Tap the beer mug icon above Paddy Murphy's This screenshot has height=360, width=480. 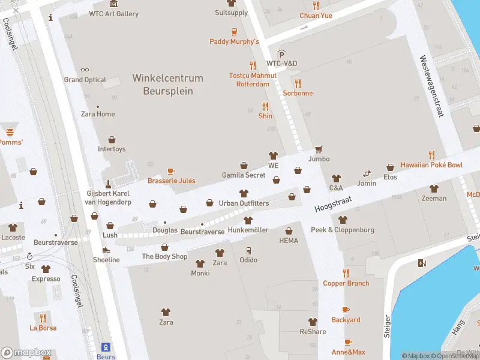point(234,32)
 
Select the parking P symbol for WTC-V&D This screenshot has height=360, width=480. point(281,54)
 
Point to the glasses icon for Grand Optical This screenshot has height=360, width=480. point(85,70)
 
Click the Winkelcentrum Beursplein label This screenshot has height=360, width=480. point(167,85)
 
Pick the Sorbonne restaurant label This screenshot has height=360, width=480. point(298,93)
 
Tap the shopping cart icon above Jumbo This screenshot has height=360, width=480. point(319,149)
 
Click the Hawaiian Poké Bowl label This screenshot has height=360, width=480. point(431,165)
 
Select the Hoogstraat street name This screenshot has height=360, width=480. point(332,205)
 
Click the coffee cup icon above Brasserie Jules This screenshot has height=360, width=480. point(171,171)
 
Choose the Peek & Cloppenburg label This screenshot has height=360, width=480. point(342,230)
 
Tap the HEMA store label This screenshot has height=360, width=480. point(289,241)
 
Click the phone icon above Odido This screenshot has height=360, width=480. point(248,250)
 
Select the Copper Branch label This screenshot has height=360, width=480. point(346,283)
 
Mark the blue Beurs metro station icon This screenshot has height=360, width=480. point(106,347)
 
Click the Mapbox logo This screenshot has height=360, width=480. point(26,352)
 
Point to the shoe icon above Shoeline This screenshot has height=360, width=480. point(106,250)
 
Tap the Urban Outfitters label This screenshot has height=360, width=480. point(244,203)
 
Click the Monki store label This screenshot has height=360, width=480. point(200,273)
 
